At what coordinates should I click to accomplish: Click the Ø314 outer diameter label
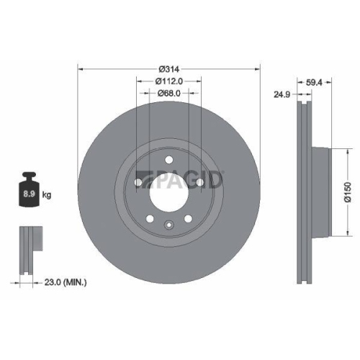168,68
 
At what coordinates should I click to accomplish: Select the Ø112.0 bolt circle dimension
168,81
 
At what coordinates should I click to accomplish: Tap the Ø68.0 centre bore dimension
168,93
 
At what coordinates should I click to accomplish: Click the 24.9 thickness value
280,93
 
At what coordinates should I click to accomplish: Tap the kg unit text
47,195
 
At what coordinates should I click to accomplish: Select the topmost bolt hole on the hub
168,160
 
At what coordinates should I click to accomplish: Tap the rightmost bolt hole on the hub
198,184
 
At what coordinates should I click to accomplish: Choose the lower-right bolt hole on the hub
186,218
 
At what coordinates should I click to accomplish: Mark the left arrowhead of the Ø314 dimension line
80,68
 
